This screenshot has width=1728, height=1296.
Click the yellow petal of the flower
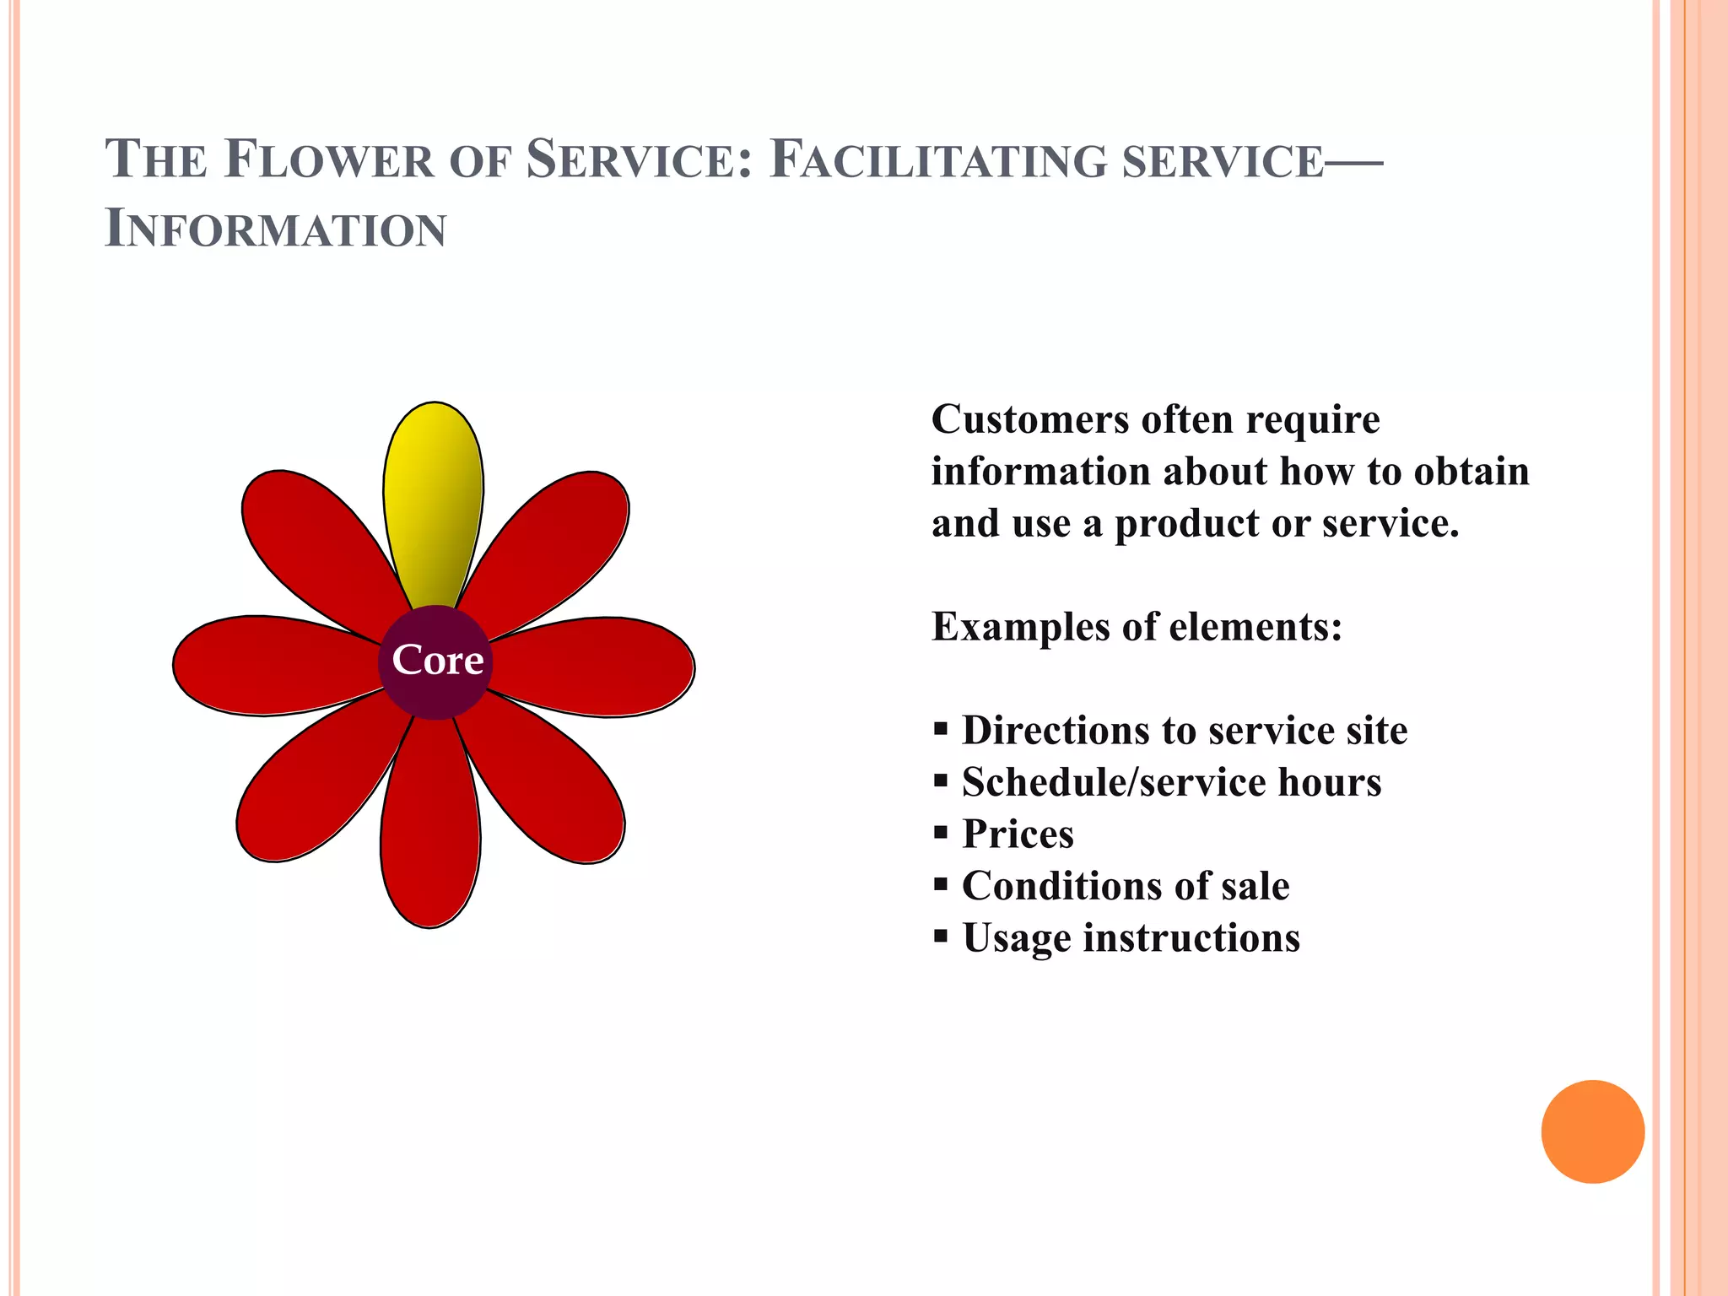433,498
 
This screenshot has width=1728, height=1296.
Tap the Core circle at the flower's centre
435,661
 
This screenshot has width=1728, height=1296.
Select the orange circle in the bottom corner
1592,1131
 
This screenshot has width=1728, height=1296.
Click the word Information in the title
276,229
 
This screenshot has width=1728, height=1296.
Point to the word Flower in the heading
329,160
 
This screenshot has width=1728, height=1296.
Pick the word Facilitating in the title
937,160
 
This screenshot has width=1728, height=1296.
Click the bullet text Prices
1018,834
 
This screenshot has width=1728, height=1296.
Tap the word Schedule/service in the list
1113,783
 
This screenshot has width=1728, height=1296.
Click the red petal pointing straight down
430,835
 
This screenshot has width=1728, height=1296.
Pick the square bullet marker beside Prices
942,833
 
